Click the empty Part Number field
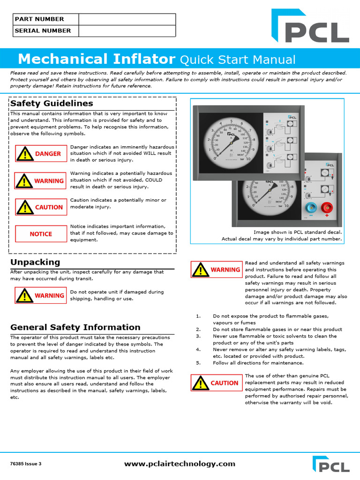point(127,19)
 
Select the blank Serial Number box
point(127,31)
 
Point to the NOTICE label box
point(41,234)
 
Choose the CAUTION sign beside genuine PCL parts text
point(216,383)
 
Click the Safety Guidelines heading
point(52,103)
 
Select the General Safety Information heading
point(75,327)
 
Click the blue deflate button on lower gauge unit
point(310,208)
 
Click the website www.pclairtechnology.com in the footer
point(180,464)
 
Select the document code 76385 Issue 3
point(26,464)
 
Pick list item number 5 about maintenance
point(251,363)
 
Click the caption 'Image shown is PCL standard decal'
point(298,232)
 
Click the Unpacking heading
point(35,262)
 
